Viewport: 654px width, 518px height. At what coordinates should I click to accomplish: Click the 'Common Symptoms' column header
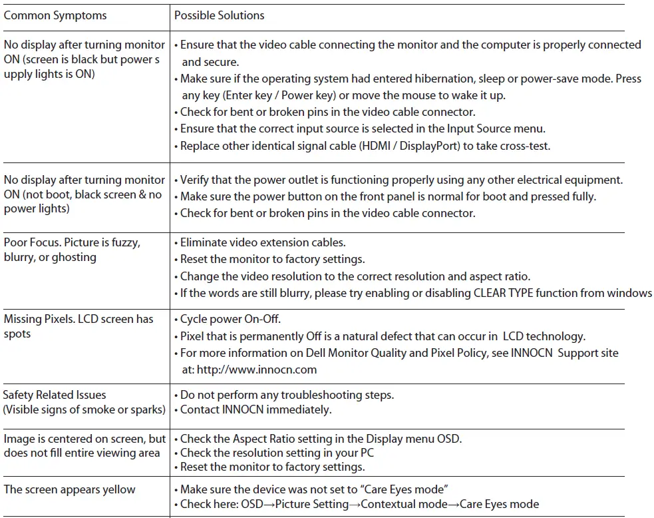(55, 15)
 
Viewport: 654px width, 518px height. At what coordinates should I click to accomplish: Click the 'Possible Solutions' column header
(219, 15)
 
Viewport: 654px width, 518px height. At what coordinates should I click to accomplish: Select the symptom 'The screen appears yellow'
(69, 489)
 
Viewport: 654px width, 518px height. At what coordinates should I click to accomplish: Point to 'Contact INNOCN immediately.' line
(255, 409)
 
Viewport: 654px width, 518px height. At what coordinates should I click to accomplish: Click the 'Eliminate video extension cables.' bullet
(263, 243)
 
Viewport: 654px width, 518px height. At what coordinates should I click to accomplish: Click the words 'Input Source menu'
(485, 129)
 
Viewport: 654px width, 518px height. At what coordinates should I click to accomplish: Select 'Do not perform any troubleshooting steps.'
(287, 395)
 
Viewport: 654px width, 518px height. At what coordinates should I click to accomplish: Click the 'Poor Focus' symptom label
(33, 242)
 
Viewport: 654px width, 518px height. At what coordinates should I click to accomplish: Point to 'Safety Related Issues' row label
(55, 395)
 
